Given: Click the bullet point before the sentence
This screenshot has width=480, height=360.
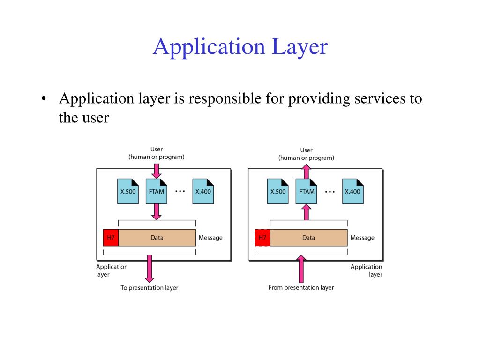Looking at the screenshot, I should point(44,99).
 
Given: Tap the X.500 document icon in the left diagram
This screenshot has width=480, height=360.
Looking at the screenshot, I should point(127,191).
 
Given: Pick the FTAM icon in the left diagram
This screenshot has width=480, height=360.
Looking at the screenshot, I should point(157,191).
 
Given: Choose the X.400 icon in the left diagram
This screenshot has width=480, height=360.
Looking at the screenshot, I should point(203,191).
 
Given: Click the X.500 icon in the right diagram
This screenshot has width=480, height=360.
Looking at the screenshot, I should point(277,191).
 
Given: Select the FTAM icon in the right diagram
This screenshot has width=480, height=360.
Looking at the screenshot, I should point(307,191).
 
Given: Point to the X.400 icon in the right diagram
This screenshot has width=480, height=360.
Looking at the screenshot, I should point(352,191).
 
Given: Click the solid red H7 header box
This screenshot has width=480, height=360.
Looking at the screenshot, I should point(111,238).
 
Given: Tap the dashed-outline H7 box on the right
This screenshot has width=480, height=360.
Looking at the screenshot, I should point(262,238).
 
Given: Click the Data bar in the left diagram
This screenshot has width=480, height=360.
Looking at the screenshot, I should point(157,238).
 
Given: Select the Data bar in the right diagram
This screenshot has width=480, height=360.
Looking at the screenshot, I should point(308,238).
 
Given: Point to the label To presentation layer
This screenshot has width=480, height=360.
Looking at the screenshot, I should point(150,287).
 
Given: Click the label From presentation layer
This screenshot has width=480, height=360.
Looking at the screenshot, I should point(301,287).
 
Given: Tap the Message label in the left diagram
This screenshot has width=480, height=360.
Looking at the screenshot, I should point(210,238).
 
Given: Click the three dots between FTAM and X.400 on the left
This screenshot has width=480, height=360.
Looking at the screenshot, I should point(180,191).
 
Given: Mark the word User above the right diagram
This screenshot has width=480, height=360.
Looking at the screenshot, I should point(306,150).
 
